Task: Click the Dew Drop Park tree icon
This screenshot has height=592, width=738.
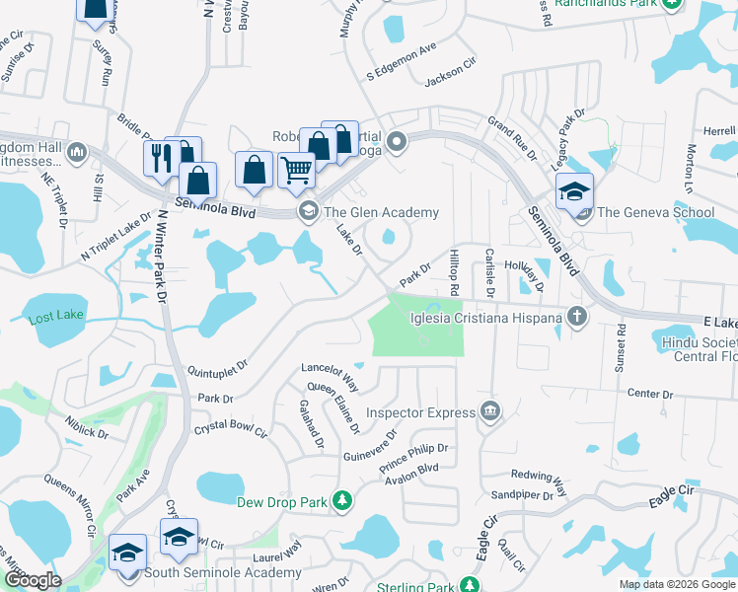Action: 342,502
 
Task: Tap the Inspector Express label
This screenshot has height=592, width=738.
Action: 420,411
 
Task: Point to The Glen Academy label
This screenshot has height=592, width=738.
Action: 381,212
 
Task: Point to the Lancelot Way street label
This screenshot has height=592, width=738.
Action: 330,376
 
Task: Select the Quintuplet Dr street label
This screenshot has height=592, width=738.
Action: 216,373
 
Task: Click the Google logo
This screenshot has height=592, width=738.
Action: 32,580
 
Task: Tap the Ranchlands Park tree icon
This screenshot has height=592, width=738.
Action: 671,3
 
